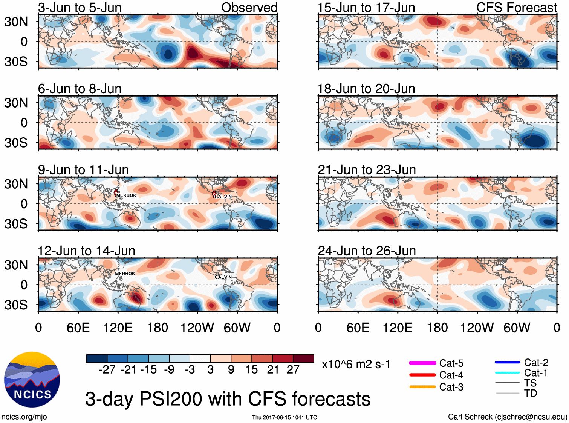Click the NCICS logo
coord(32,379)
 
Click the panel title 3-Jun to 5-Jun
coord(80,8)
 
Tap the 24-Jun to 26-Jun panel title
coord(367,251)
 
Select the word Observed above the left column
coord(249,8)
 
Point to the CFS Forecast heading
coord(516,8)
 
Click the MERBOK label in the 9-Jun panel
coord(126,195)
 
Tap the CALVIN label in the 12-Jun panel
coord(223,277)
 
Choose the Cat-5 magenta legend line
coord(422,363)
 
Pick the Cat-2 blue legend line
coord(507,363)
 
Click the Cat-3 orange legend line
coord(422,387)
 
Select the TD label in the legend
coord(530,394)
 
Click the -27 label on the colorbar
coord(107,369)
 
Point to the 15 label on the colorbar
coord(251,369)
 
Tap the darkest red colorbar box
coord(303,358)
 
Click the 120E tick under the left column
coord(118,328)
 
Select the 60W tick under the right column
coord(517,328)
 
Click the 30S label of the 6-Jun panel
coord(16,143)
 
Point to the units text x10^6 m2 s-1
coord(356,365)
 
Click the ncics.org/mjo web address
coord(24,417)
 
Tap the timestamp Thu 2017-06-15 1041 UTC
coord(284,417)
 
